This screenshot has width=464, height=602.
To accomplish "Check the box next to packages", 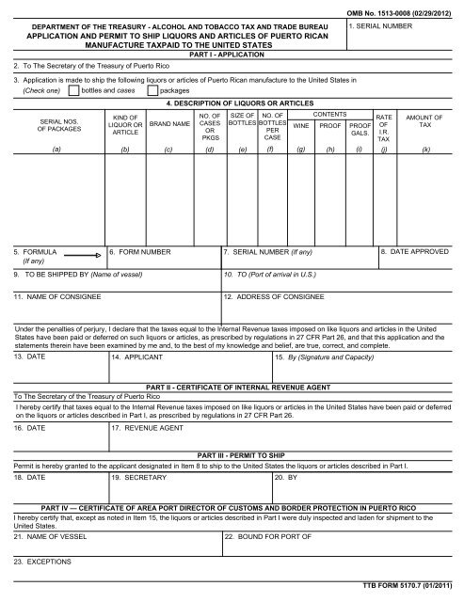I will point(152,91).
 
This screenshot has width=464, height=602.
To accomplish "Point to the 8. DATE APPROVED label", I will point(415,253).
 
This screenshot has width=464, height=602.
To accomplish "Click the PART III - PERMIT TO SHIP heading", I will point(231,453).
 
